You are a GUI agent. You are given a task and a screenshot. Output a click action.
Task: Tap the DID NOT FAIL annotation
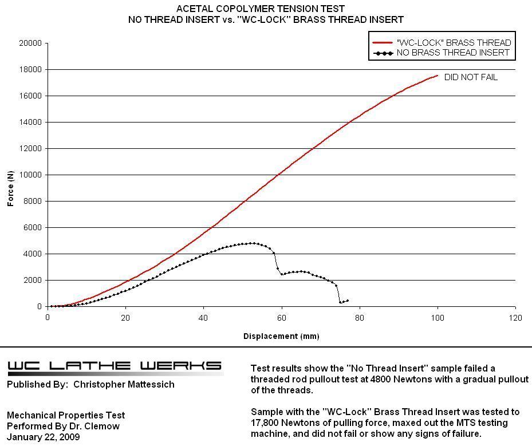[471, 77]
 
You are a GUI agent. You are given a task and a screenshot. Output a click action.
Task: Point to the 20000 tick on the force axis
[30, 43]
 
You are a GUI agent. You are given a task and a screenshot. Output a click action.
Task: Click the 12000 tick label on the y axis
[30, 148]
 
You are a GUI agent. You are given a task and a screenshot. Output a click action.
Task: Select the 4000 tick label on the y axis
[32, 254]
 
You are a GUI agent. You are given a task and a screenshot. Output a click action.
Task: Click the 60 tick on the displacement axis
[281, 317]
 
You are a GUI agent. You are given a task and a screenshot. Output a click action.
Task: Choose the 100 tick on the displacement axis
[438, 317]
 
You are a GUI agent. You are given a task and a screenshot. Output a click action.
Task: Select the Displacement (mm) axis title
[281, 336]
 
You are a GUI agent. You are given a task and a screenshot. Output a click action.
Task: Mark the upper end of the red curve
[438, 75]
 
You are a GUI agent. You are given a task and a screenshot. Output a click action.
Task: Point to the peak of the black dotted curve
[252, 243]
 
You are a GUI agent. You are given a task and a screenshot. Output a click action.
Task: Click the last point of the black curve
[347, 301]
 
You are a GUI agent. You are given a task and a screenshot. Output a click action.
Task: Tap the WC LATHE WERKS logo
[115, 366]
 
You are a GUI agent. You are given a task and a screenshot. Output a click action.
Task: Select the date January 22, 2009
[44, 437]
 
